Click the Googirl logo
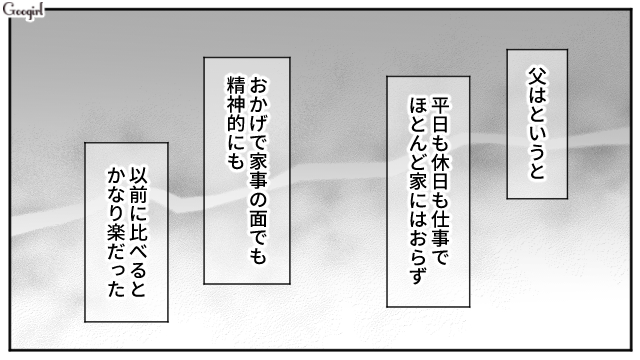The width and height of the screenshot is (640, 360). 23,11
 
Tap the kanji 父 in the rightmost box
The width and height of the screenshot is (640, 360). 538,77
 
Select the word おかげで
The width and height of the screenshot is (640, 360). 258,112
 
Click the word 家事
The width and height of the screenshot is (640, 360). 258,171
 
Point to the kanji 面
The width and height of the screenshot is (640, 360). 258,218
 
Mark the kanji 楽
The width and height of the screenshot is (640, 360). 116,233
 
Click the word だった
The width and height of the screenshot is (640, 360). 116,270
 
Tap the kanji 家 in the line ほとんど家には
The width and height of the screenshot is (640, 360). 418,182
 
